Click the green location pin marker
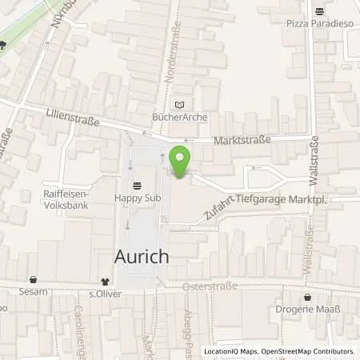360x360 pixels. click(180, 159)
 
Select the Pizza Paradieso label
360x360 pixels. click(319, 24)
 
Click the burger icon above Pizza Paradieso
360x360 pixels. click(320, 11)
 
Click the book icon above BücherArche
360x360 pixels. click(179, 104)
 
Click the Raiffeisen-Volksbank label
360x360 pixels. click(67, 199)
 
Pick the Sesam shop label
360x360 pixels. click(34, 292)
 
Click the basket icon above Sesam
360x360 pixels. click(34, 281)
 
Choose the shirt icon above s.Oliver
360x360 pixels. click(104, 281)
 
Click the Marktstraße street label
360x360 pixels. click(243, 140)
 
